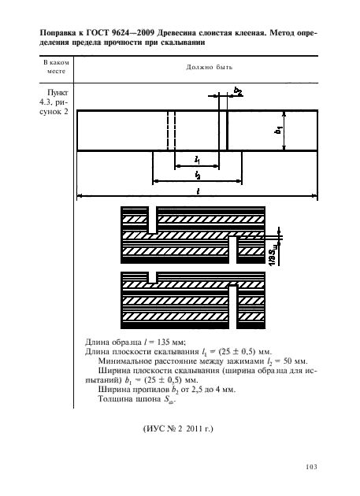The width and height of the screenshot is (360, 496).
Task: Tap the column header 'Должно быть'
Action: (x=210, y=67)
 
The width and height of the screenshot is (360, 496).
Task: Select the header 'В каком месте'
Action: (x=56, y=67)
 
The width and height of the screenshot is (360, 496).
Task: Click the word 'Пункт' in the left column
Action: (x=58, y=93)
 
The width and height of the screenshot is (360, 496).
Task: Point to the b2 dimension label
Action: (x=238, y=91)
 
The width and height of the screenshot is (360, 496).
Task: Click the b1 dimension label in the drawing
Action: (x=279, y=130)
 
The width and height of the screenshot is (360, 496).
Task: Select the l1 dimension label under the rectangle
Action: (x=197, y=160)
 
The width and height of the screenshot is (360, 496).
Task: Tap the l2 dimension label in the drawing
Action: (x=198, y=175)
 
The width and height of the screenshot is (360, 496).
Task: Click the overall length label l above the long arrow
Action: (x=198, y=191)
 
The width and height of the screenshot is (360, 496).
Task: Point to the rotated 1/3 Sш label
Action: (x=274, y=255)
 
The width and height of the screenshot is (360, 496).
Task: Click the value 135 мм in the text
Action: (x=171, y=342)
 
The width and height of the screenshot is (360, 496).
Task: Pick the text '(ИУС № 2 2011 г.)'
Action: (x=178, y=429)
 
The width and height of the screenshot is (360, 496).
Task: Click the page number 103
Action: (x=312, y=467)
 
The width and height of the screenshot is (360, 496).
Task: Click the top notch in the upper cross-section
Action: (x=153, y=220)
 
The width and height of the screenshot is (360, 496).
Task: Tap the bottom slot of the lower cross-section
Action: (x=232, y=307)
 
